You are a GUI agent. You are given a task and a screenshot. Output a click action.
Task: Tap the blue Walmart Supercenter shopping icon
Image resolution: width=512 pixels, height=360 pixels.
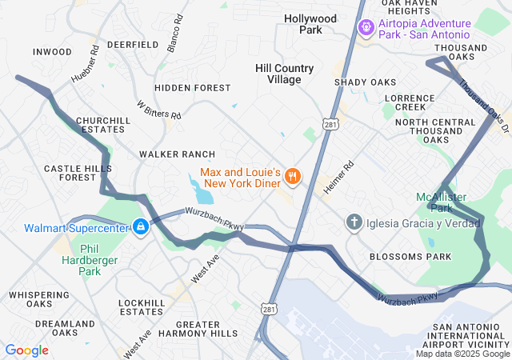[x=141, y=228]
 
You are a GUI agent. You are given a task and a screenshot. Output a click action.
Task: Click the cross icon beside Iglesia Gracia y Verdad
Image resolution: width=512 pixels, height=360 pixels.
[x=353, y=222]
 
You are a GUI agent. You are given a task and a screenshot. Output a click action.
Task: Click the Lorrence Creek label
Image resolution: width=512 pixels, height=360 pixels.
[x=410, y=102]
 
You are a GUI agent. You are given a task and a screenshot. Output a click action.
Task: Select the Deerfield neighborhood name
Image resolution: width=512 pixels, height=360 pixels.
[x=133, y=45]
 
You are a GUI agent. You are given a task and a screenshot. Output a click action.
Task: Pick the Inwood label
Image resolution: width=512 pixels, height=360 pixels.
[x=53, y=52]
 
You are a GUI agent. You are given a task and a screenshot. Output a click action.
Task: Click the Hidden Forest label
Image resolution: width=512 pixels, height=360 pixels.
[x=193, y=88]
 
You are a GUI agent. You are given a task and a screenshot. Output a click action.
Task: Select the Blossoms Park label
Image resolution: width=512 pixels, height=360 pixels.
[x=410, y=257]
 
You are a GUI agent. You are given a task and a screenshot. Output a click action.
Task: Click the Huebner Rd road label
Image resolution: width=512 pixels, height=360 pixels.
[x=89, y=61]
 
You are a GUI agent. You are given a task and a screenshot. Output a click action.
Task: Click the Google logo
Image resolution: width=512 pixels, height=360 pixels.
[x=26, y=350]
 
